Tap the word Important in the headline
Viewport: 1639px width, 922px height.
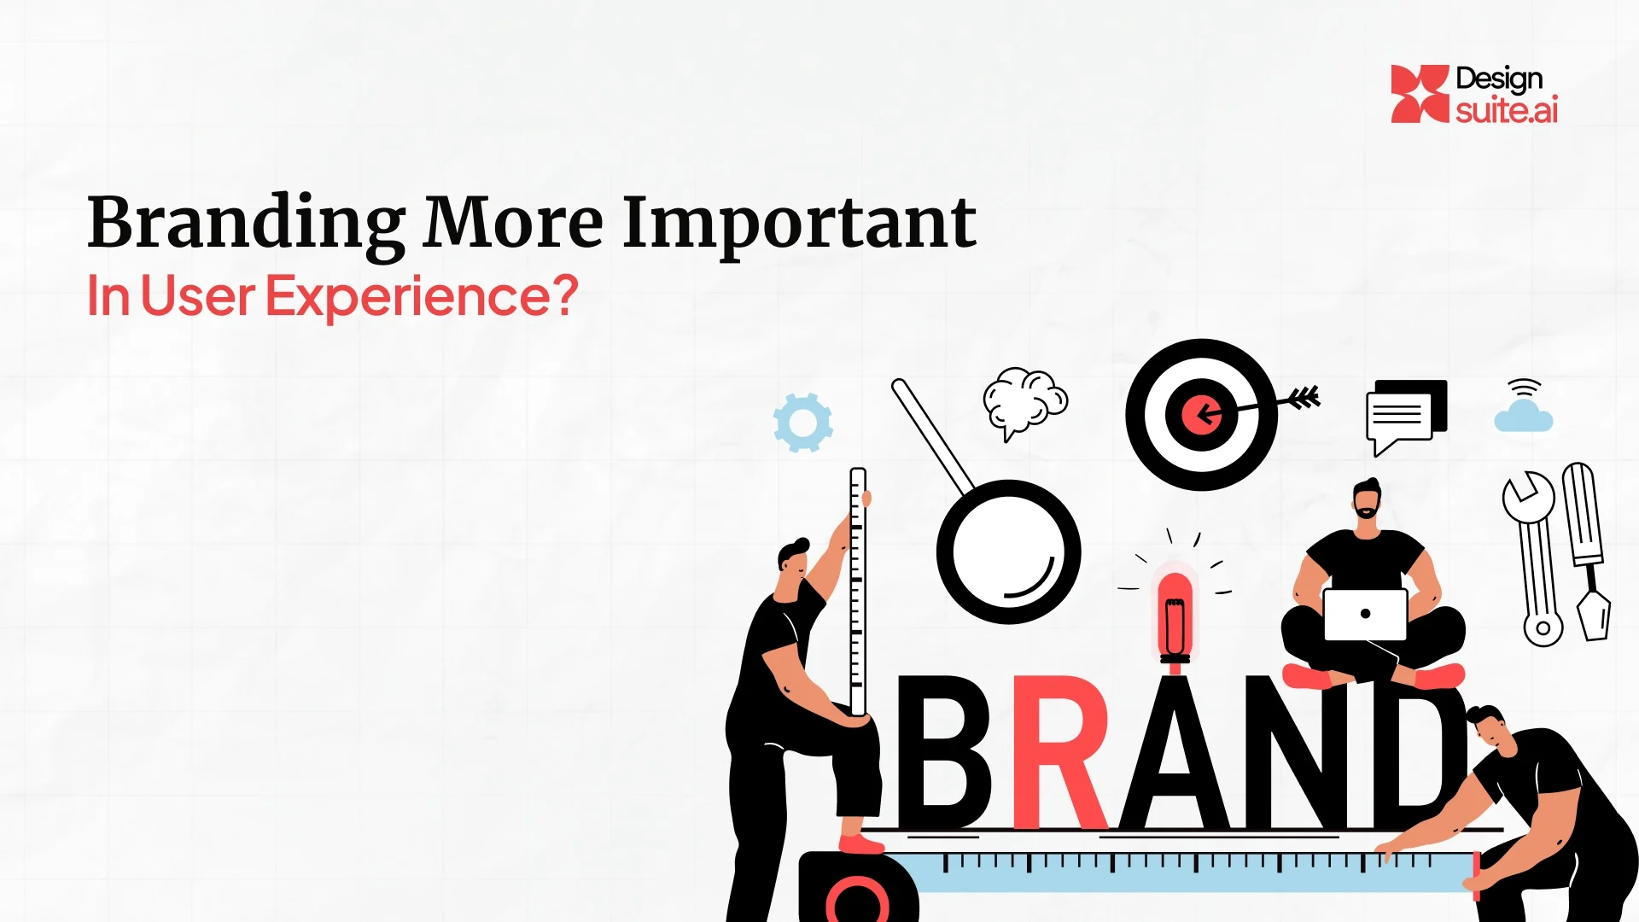pyautogui.click(x=799, y=224)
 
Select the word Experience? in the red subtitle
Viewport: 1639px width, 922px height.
pyautogui.click(x=422, y=296)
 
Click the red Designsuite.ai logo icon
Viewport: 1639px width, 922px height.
pyautogui.click(x=1420, y=94)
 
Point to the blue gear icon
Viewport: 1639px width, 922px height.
pyautogui.click(x=802, y=423)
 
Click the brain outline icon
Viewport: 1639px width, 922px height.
pyautogui.click(x=1024, y=401)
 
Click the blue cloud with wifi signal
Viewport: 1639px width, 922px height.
pyautogui.click(x=1524, y=415)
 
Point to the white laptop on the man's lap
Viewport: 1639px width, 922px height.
pyautogui.click(x=1365, y=614)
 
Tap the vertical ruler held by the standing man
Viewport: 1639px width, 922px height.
pyautogui.click(x=858, y=589)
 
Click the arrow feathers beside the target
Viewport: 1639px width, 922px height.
pyautogui.click(x=1304, y=397)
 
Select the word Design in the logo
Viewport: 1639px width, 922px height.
pyautogui.click(x=1499, y=79)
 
